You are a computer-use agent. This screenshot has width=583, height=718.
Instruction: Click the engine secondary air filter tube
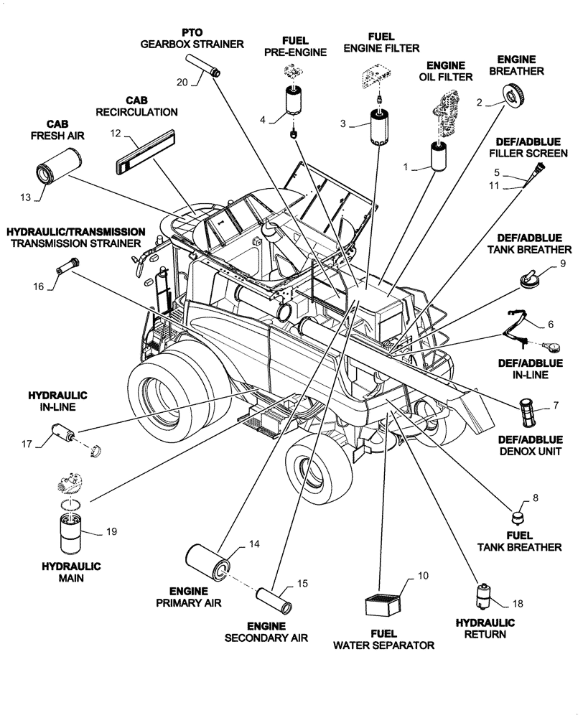click(275, 598)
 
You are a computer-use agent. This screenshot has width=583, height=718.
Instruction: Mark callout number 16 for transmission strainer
click(38, 286)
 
